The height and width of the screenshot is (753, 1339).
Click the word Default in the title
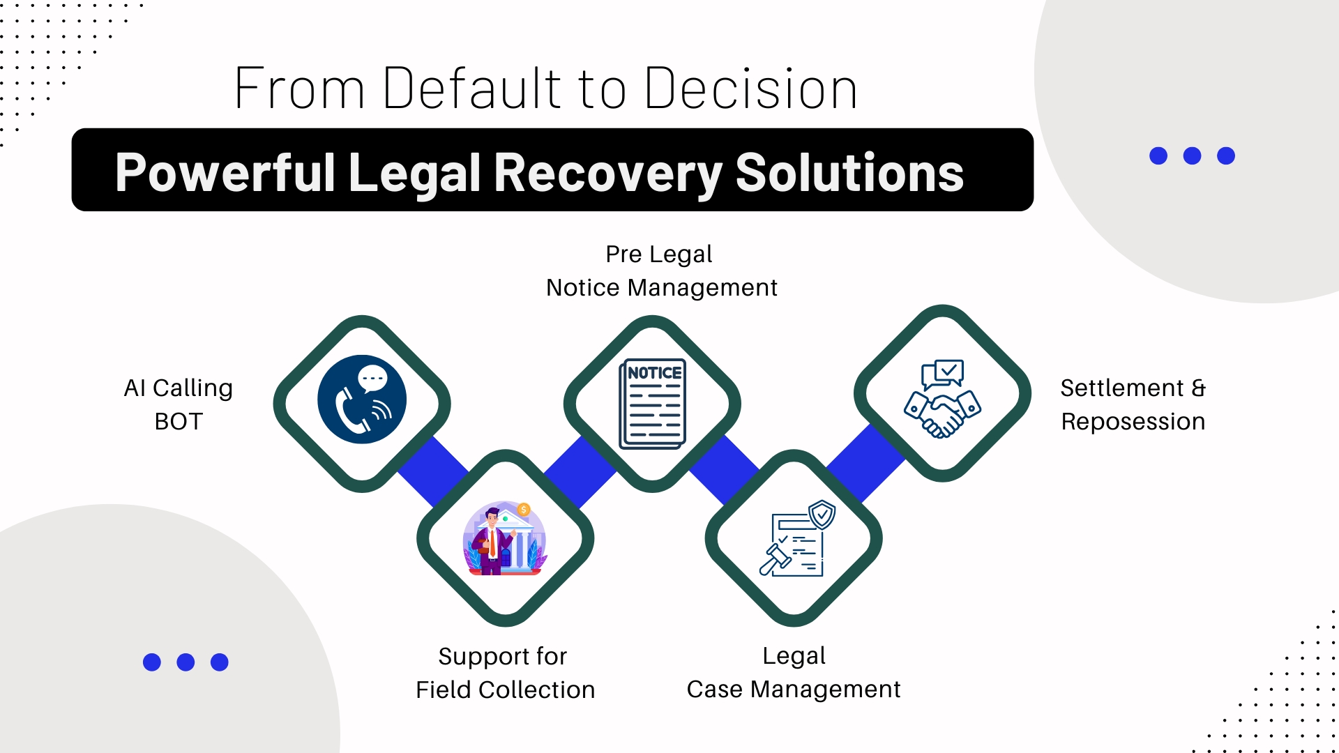pos(472,89)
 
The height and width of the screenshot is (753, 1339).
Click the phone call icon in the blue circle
pos(362,400)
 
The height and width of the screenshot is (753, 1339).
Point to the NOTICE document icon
pos(653,404)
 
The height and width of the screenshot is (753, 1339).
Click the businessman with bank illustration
pos(504,538)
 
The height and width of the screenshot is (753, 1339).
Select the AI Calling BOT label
pos(179,404)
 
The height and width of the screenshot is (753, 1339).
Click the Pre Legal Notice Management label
pos(661,271)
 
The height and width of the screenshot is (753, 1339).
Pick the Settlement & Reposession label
pos(1133,404)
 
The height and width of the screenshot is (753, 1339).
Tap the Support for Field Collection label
pos(505,673)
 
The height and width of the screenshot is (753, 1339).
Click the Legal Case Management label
pos(794,672)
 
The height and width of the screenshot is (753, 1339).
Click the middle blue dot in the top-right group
pos(1193,155)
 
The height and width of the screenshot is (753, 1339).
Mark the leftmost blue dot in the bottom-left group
pos(152,662)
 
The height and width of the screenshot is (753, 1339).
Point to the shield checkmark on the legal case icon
pos(823,515)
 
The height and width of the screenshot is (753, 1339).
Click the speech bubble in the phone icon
pos(372,379)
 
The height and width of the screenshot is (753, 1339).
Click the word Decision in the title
pos(751,89)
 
